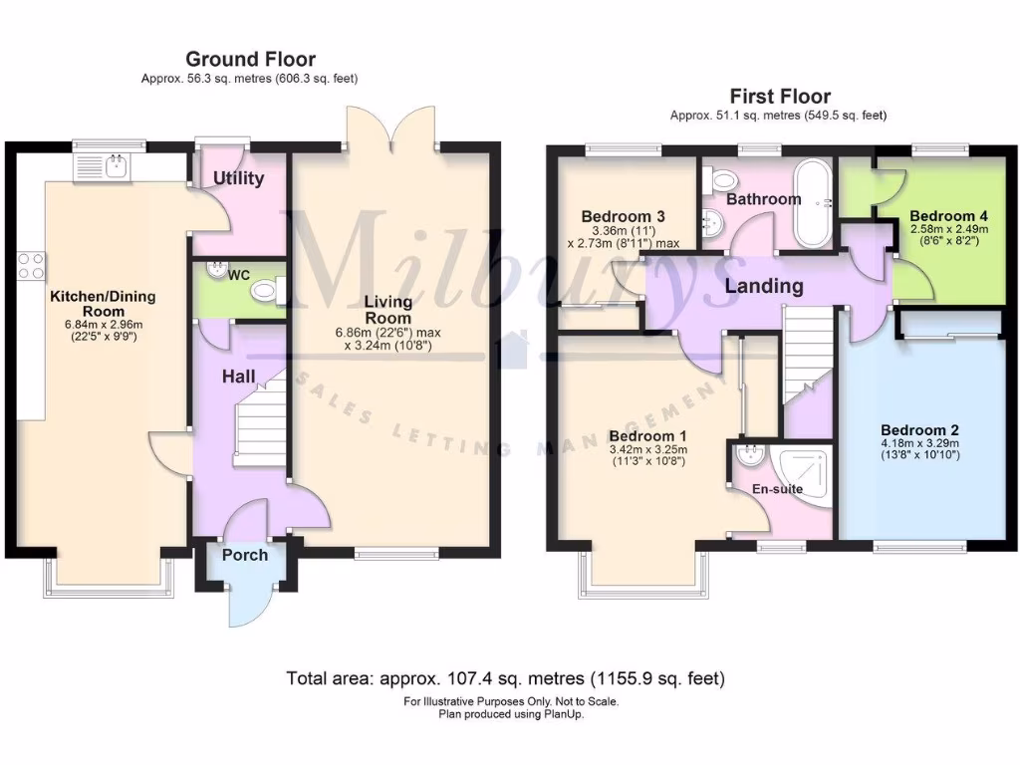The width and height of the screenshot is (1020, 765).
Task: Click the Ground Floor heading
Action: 250,60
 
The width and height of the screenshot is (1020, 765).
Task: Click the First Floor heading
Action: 780,97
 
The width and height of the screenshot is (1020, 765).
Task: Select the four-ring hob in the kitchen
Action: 31,266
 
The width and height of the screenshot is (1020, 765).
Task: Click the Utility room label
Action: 239,179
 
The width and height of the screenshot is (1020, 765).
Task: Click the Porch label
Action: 244,555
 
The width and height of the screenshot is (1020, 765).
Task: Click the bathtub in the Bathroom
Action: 815,202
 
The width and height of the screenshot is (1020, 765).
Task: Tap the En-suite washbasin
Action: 748,455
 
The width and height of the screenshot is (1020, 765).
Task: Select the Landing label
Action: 764,287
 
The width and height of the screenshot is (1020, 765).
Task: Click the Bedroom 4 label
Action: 941,216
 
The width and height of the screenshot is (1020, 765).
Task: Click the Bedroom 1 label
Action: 647,436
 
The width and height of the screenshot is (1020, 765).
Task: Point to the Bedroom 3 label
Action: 623,216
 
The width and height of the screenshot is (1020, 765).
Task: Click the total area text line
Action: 506,679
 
